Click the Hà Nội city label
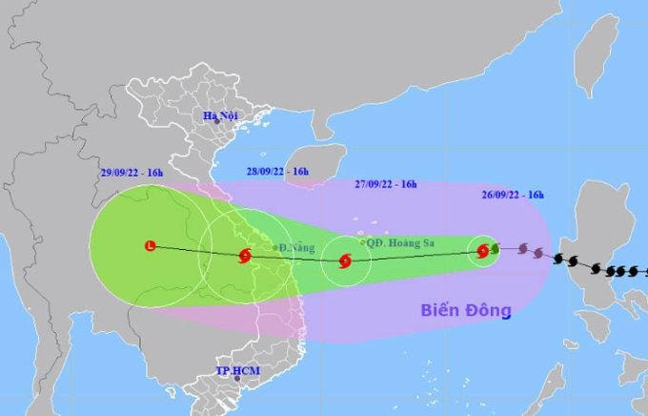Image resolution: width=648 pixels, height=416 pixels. [220, 115]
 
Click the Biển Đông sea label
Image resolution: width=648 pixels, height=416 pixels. [467, 310]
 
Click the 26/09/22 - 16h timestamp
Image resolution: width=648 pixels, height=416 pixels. [512, 195]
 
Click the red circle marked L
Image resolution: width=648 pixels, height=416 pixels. [150, 247]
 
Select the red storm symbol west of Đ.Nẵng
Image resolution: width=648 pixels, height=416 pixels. [246, 255]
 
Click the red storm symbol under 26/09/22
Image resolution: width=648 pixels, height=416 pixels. [483, 251]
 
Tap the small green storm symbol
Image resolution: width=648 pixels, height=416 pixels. [495, 249]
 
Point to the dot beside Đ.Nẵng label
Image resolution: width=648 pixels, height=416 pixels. [274, 248]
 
